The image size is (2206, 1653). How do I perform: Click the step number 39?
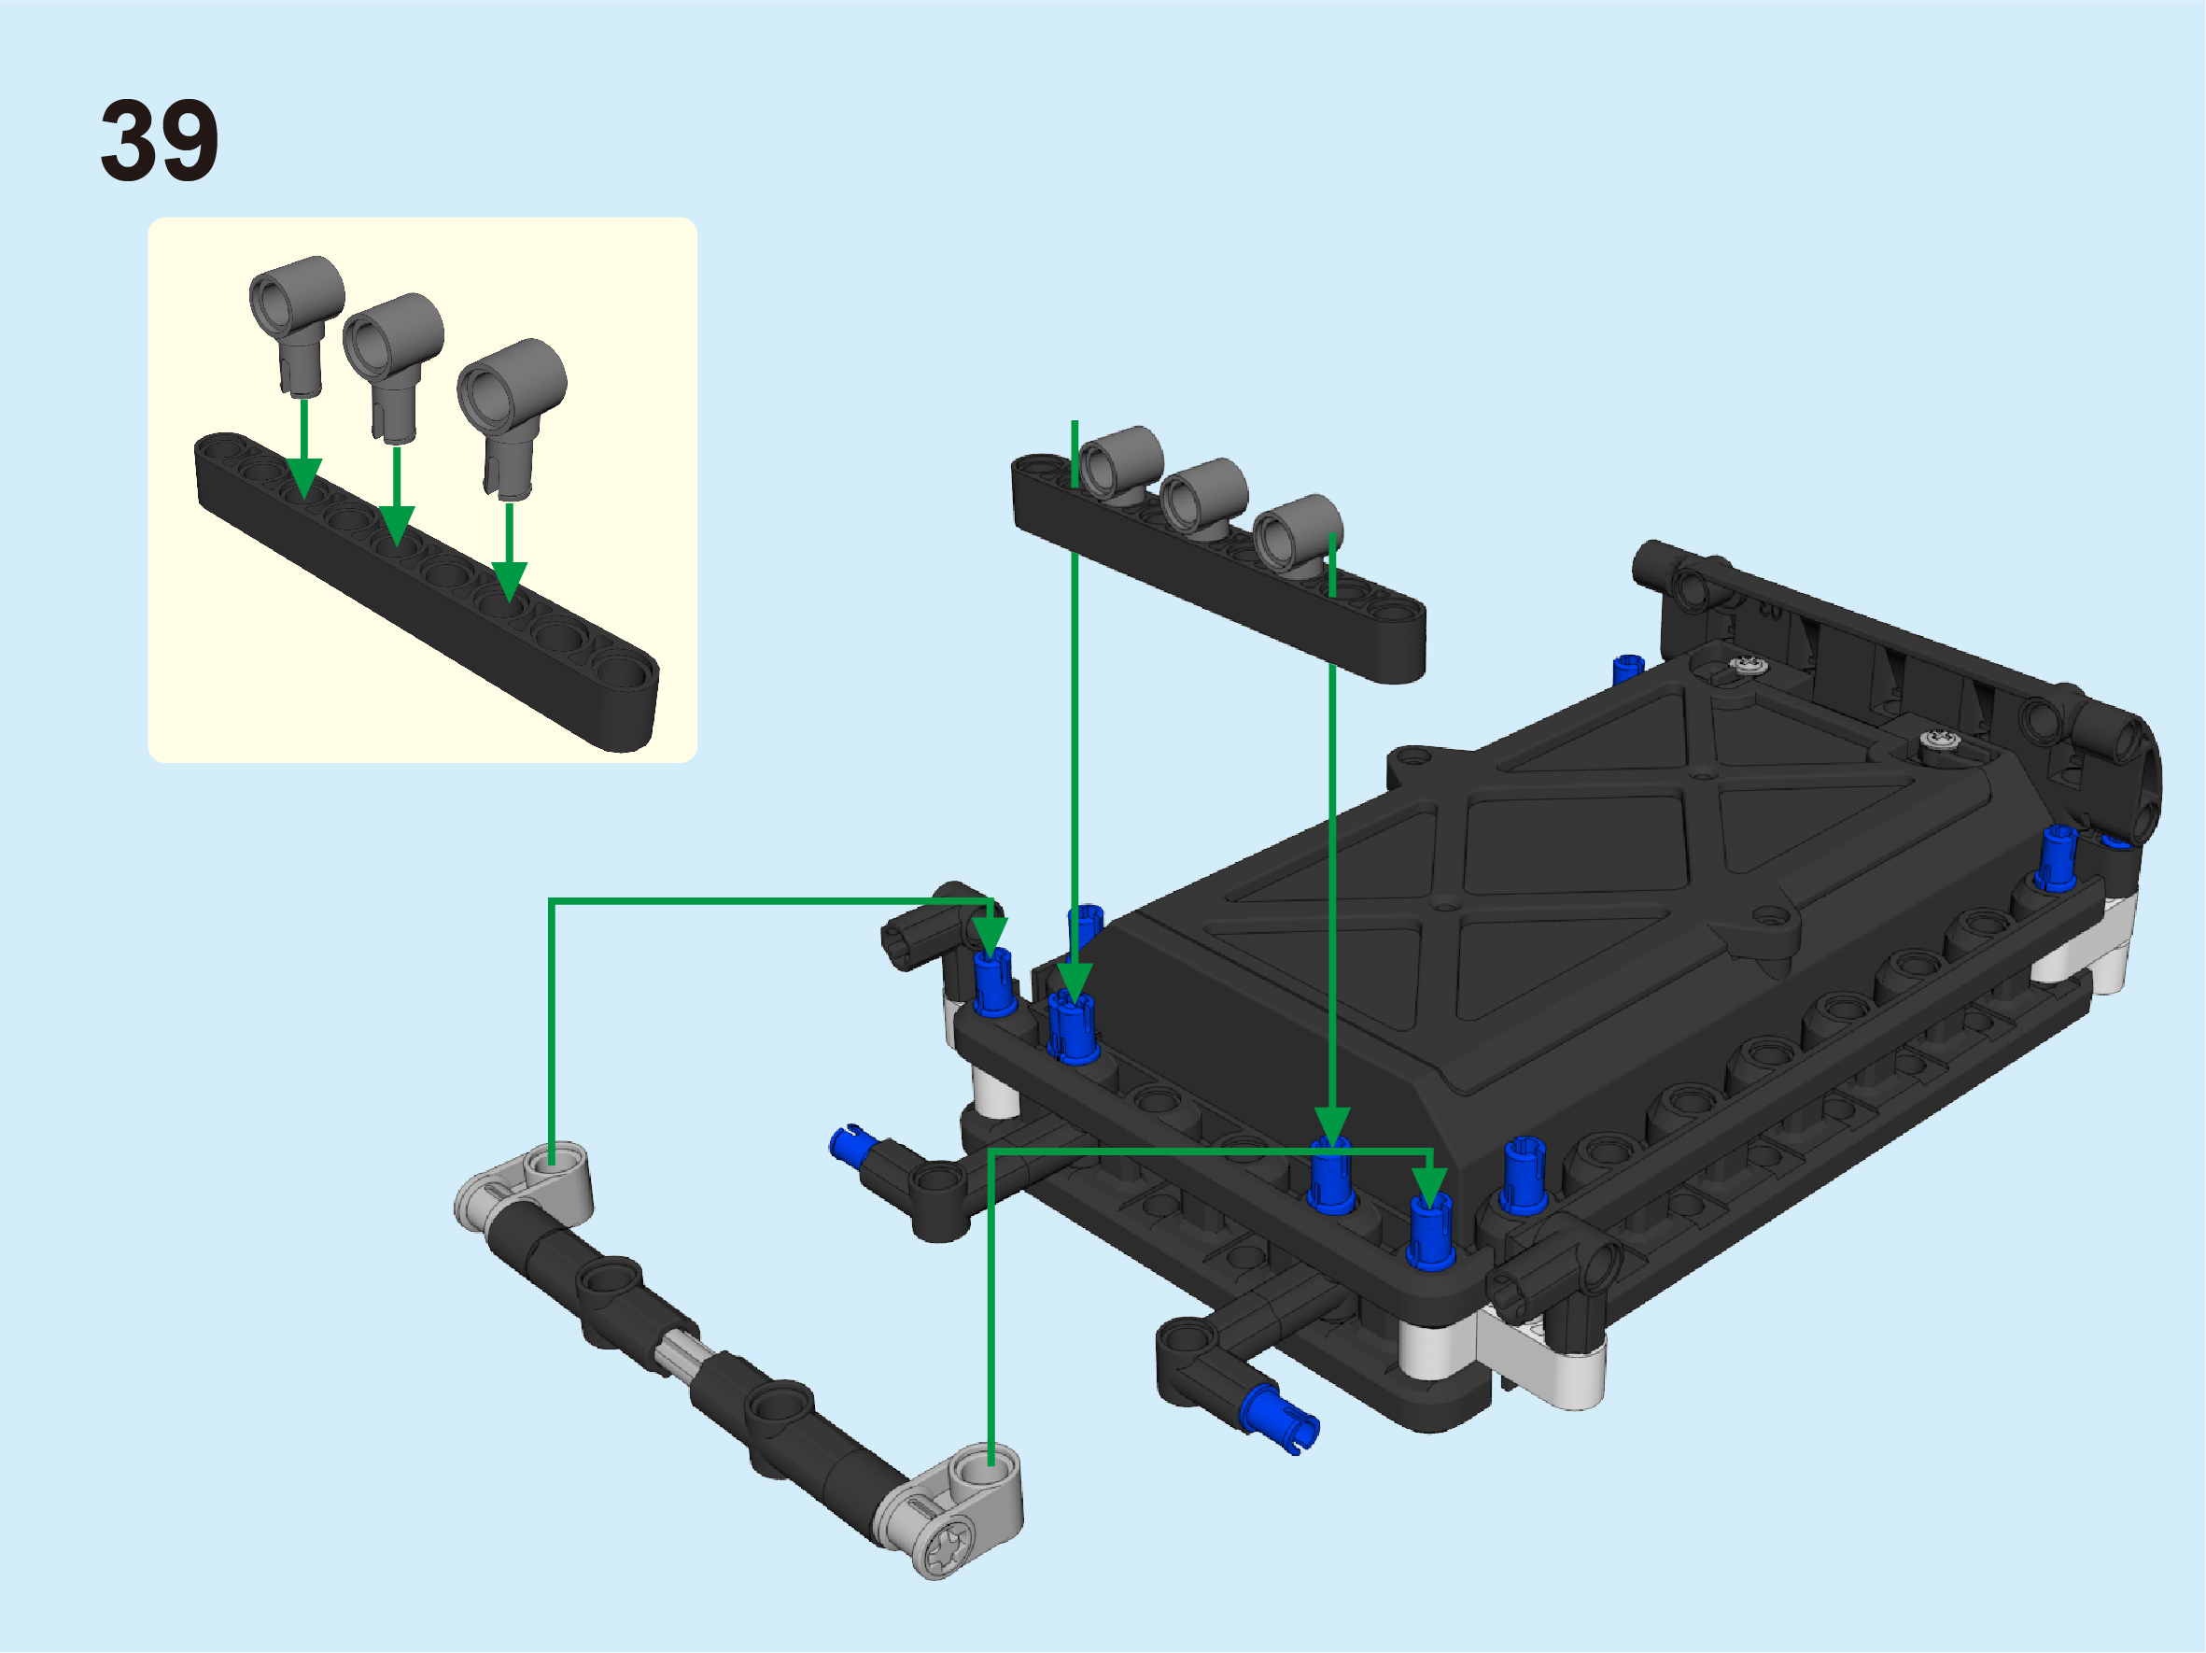pyautogui.click(x=160, y=141)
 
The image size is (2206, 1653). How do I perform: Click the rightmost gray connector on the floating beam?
pyautogui.click(x=1298, y=536)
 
